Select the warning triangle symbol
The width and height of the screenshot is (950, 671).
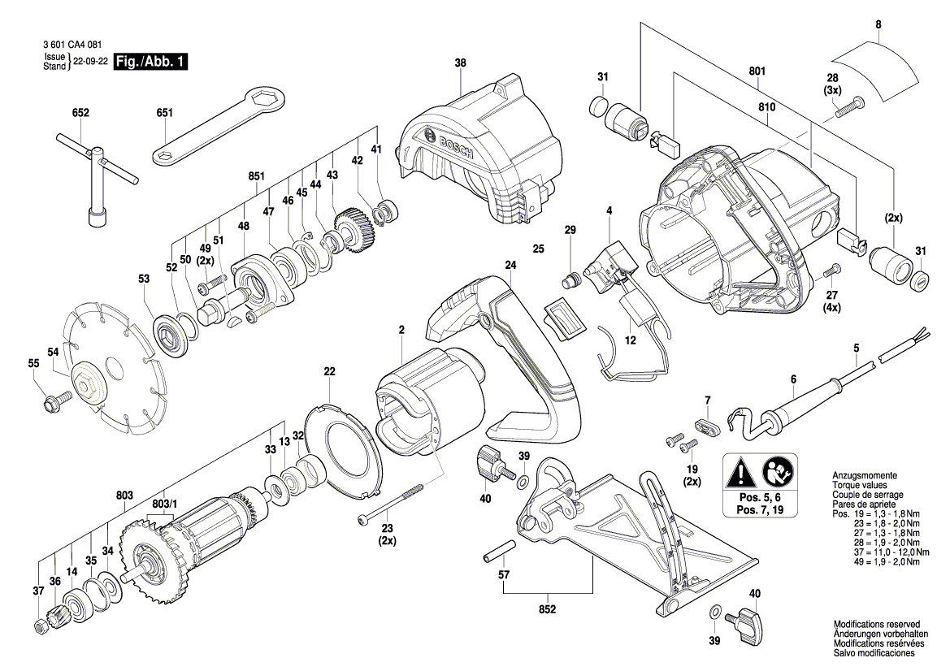(742, 471)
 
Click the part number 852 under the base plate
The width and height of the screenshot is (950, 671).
(547, 609)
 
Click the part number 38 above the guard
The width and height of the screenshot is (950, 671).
(461, 63)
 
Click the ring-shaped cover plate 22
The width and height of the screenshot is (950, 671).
(341, 447)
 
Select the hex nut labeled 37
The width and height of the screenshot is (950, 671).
(40, 625)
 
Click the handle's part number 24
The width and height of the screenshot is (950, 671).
(510, 265)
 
